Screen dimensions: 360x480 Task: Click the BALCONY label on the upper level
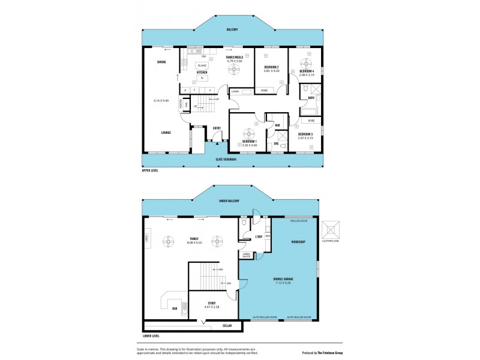point(232,29)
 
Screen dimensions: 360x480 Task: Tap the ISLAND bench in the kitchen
point(202,65)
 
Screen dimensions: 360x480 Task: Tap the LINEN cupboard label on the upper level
point(235,92)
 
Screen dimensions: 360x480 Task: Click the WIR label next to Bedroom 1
point(278,125)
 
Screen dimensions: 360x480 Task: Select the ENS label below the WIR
point(277,143)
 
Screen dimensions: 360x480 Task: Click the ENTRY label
point(217,128)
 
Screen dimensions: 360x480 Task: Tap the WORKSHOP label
point(299,242)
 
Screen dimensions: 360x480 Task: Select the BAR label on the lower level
point(175,308)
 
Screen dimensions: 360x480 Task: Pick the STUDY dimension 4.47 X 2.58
point(211,307)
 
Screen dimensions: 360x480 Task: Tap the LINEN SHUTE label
point(246,255)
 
